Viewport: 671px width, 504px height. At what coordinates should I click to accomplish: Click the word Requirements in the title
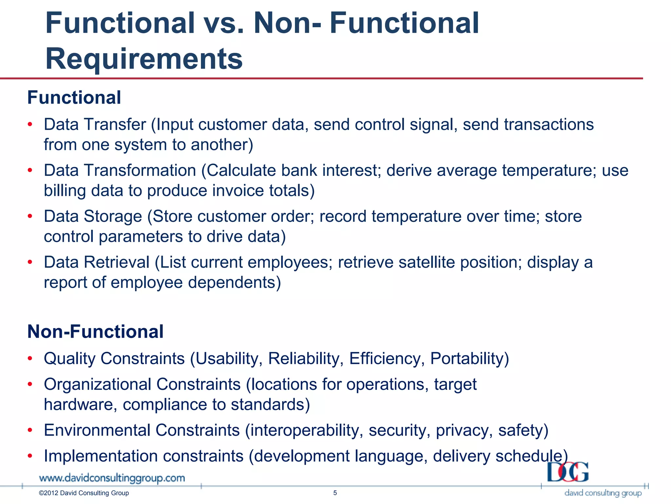144,59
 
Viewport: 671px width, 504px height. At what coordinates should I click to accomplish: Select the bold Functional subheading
74,98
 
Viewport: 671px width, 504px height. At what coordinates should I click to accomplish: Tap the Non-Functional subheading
95,331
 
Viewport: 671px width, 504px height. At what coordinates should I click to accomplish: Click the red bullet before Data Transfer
30,125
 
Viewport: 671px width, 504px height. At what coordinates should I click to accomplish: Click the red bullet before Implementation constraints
30,456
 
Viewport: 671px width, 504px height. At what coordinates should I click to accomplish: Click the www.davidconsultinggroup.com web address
112,478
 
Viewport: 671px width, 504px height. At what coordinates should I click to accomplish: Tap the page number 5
335,493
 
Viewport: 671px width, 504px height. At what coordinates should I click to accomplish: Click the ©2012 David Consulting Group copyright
84,493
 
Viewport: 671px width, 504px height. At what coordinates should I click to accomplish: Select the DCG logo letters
568,472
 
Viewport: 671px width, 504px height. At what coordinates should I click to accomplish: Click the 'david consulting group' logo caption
603,493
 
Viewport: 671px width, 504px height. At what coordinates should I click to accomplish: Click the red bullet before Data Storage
30,217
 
